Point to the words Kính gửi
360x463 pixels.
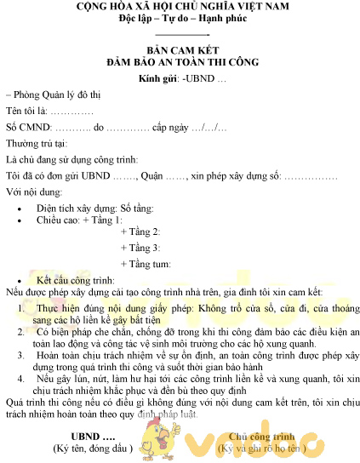tap(158, 79)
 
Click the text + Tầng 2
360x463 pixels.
tap(140, 232)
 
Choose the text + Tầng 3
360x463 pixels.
tap(140, 248)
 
